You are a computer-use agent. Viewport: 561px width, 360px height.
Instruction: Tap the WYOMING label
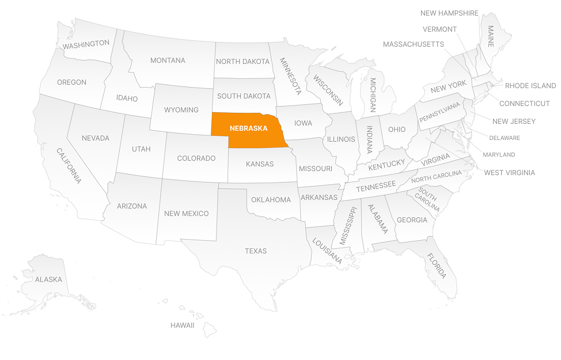coord(181,109)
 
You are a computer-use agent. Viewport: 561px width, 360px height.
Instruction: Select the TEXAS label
coord(256,251)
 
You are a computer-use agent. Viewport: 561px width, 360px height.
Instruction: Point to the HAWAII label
coord(182,325)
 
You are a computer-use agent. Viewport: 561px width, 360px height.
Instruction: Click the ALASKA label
coord(48,279)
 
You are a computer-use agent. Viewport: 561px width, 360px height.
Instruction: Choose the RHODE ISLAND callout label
coord(530,86)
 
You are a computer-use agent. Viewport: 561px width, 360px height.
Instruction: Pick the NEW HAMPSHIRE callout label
coord(449,13)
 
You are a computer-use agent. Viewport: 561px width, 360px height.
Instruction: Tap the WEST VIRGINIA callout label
coord(509,172)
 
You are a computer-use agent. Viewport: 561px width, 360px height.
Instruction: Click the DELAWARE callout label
coord(504,138)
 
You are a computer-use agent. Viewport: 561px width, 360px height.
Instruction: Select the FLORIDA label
coord(436,266)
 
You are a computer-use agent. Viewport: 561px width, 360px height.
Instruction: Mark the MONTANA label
coord(168,60)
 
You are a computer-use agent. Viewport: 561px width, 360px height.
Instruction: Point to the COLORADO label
coord(196,158)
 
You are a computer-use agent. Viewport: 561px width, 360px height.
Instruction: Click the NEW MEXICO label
coord(186,214)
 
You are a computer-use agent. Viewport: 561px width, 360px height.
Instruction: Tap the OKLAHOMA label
coord(271,200)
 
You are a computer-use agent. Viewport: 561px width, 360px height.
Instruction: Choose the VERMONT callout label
coord(439,29)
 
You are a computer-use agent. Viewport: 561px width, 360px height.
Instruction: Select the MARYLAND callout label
coord(499,154)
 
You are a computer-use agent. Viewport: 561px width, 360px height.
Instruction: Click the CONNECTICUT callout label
coord(524,104)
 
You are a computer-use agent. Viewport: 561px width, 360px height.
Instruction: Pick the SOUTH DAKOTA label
coord(244,96)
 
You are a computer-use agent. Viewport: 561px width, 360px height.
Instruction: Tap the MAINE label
coord(491,36)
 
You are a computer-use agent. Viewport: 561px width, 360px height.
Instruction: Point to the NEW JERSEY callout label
coord(514,121)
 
